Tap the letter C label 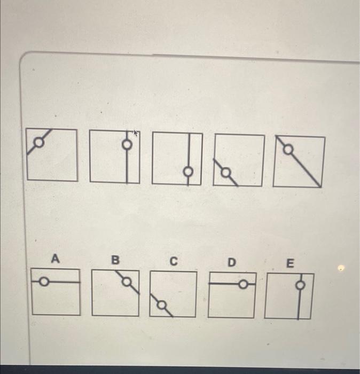[x=173, y=261]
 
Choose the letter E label [x=290, y=263]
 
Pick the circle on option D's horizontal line [x=242, y=285]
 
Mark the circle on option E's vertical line [x=301, y=285]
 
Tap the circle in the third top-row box [x=188, y=172]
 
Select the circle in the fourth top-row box [x=226, y=172]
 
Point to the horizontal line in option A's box [x=67, y=281]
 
